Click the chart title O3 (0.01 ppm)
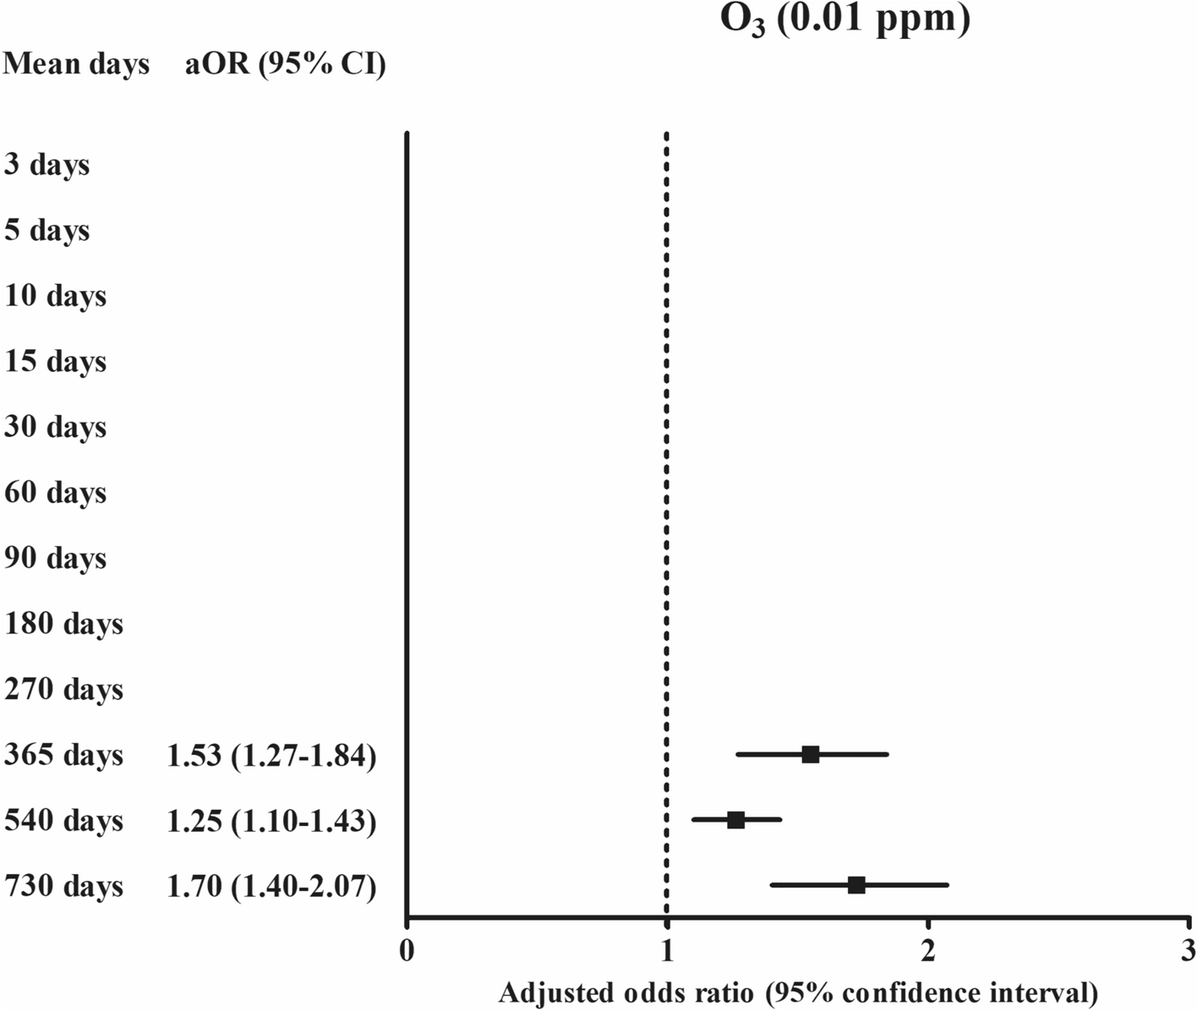click(x=844, y=19)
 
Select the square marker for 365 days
click(x=810, y=755)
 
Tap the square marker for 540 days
click(x=735, y=820)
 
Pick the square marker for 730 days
click(x=856, y=885)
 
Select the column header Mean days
click(x=76, y=64)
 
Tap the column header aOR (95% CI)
click(x=285, y=64)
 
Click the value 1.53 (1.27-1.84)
click(x=271, y=756)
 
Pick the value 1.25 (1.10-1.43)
click(x=271, y=821)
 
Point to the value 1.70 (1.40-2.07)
click(x=271, y=887)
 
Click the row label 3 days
click(x=46, y=165)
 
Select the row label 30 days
click(x=55, y=427)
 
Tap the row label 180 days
click(x=63, y=625)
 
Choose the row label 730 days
click(x=63, y=887)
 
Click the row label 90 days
click(x=55, y=559)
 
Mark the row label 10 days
click(x=55, y=296)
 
